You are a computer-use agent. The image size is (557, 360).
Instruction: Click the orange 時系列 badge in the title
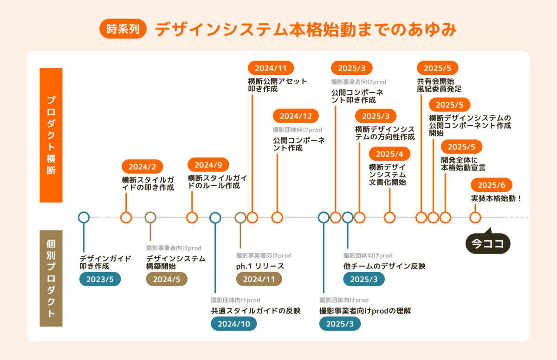(x=123, y=29)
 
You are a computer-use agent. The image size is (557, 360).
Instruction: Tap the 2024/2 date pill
(x=142, y=166)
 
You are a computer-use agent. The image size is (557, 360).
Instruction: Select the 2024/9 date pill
(x=208, y=165)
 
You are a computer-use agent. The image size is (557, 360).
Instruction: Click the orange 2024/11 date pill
(x=271, y=68)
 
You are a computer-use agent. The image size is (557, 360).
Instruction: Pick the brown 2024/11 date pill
(x=259, y=279)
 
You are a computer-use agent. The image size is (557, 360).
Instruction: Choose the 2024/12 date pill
(x=296, y=116)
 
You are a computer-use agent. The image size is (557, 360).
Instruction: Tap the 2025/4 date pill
(x=389, y=154)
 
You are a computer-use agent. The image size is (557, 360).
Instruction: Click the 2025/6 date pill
(x=492, y=185)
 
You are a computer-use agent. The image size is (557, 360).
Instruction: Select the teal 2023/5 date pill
(x=100, y=279)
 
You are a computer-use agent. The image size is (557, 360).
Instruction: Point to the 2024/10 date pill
(x=234, y=324)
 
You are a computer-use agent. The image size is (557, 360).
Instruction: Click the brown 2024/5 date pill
(x=167, y=279)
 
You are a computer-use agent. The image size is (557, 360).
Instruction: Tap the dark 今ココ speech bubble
(x=488, y=243)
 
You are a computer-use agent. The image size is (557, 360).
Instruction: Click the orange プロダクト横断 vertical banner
(x=51, y=135)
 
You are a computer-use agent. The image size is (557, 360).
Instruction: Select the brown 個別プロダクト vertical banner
(x=51, y=278)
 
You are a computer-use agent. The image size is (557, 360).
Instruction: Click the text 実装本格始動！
(x=496, y=198)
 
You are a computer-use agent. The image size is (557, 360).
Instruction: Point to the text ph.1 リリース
(x=260, y=266)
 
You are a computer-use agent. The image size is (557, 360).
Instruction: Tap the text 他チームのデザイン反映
(x=384, y=266)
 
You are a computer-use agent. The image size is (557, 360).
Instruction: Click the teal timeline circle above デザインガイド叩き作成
(x=84, y=217)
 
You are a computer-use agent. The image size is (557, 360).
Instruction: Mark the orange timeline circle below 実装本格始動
(x=475, y=217)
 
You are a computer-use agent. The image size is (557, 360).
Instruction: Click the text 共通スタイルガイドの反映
(x=256, y=311)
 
